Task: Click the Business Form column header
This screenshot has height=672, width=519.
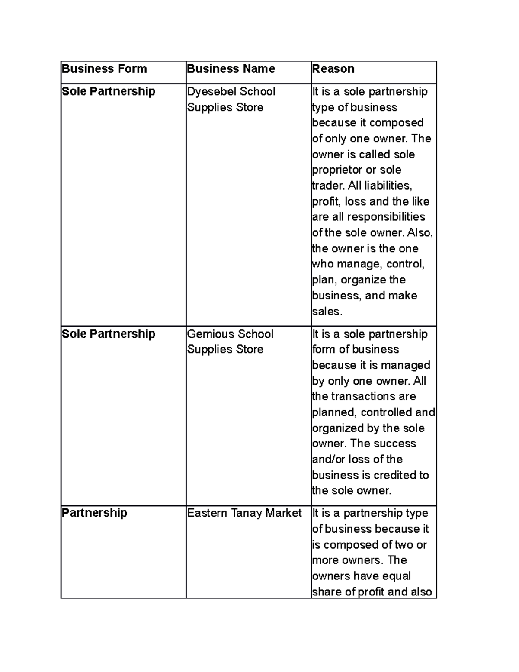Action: click(104, 69)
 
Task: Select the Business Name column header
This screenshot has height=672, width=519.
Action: click(231, 69)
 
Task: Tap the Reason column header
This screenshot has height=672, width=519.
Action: click(333, 69)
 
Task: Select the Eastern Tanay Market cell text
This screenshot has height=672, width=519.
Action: click(244, 513)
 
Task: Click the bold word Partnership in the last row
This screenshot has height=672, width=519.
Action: click(94, 513)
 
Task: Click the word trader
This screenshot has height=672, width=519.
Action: click(327, 186)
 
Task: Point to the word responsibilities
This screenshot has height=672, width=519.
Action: click(386, 217)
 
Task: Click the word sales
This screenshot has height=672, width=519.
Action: click(327, 312)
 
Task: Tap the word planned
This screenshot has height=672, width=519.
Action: click(334, 412)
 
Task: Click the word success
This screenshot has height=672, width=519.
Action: click(394, 444)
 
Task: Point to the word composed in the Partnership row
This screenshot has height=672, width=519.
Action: click(358, 545)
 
